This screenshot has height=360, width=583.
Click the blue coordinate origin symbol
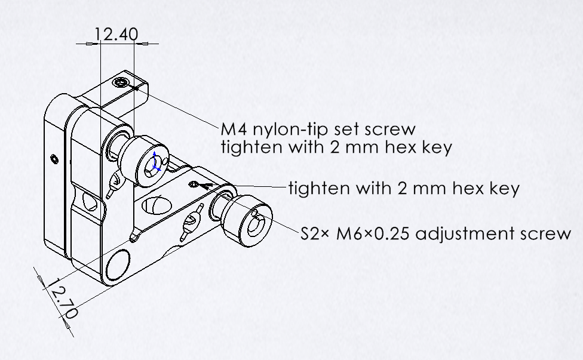click(155, 162)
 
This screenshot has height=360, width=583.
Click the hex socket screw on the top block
click(123, 82)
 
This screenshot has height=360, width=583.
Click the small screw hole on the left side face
click(54, 158)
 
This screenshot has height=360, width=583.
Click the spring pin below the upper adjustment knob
click(113, 183)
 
